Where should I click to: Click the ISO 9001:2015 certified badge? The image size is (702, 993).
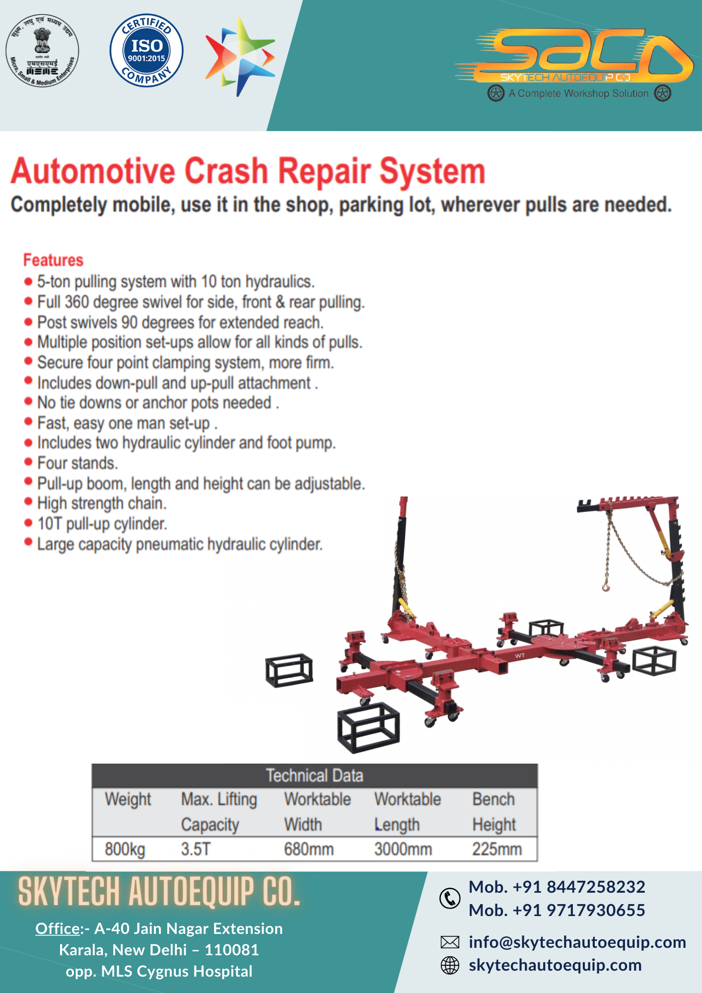[146, 50]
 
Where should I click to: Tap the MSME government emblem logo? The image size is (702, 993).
[42, 50]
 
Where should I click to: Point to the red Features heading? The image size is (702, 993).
[53, 260]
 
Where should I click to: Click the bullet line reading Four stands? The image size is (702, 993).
[77, 463]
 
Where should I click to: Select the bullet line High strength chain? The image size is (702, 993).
[102, 503]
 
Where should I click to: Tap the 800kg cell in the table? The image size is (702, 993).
[125, 849]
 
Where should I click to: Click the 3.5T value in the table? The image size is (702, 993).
[196, 849]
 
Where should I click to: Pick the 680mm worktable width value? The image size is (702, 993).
[308, 849]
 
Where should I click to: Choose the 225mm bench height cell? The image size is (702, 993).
[496, 849]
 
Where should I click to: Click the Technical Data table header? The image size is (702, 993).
[314, 776]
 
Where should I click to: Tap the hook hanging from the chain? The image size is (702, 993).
[606, 587]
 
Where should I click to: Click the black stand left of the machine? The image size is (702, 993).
[289, 670]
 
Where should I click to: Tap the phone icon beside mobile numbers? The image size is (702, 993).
[450, 898]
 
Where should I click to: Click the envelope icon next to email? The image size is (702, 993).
[450, 942]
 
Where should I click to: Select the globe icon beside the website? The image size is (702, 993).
[450, 965]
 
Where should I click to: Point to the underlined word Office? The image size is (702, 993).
[58, 928]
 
